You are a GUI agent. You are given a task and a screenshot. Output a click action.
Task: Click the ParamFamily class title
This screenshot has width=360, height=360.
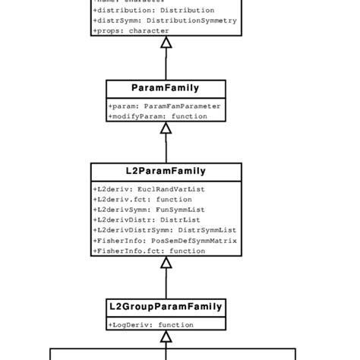pos(166,89)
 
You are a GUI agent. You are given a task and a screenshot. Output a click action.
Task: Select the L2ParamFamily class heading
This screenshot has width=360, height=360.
pos(166,171)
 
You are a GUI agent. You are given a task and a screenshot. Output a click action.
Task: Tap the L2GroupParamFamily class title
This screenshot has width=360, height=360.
pos(166,307)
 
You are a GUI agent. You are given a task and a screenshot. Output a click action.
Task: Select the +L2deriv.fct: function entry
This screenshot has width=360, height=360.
pos(137,198)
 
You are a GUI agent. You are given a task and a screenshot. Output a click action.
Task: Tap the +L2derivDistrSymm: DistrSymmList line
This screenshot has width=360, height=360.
pos(164,229)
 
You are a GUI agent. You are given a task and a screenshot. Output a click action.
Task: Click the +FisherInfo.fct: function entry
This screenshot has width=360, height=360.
pos(149,251)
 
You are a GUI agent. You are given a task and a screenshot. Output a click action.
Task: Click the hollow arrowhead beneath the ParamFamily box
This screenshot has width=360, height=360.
pos(166,128)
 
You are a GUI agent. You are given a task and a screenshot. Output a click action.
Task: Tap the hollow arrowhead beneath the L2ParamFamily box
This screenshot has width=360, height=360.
pos(166,263)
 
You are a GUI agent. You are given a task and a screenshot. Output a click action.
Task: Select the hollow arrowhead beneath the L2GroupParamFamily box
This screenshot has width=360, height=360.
pos(166,336)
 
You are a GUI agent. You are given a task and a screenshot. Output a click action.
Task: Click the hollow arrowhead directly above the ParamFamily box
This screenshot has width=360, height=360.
pos(166,43)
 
